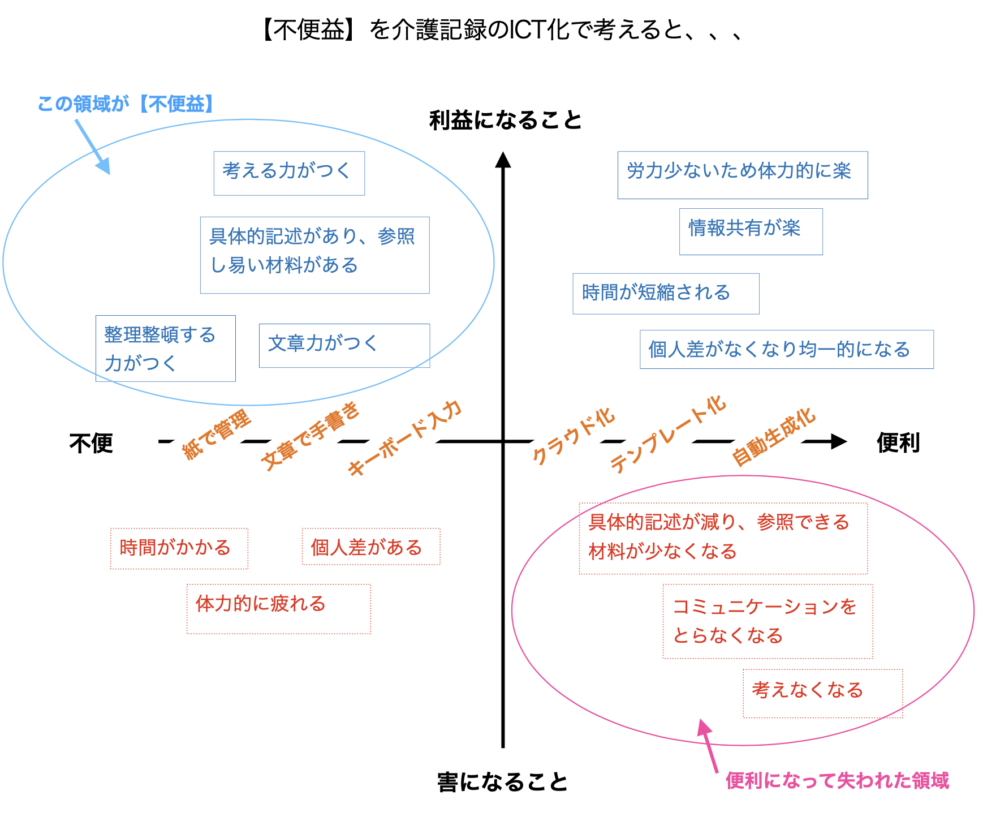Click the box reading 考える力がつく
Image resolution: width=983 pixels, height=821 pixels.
pos(289,173)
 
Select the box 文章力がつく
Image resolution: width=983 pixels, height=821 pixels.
pos(344,345)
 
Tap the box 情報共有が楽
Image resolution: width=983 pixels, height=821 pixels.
pos(751,231)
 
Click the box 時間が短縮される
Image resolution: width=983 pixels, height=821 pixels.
pos(666,293)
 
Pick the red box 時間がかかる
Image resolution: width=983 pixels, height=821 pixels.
pos(179,548)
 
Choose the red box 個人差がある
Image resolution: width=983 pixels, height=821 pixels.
pos(370,547)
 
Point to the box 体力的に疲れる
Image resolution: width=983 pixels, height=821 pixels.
pos(278,608)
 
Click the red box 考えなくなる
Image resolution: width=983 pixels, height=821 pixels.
pos(822,693)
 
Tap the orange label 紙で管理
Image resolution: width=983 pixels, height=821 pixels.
pos(217,435)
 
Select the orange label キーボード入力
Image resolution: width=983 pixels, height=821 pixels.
pos(404,438)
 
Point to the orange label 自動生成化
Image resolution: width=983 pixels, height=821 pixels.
pos(773,437)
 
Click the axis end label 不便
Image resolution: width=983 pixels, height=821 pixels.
pos(91,442)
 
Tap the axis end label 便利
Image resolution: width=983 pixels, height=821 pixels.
pos(898,442)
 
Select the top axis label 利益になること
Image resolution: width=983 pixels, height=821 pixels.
pos(505,121)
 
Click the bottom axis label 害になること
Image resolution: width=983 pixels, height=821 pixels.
pos(502,782)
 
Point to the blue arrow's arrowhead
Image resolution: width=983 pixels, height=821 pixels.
pos(104,167)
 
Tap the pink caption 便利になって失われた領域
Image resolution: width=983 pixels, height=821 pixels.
pos(837,781)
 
